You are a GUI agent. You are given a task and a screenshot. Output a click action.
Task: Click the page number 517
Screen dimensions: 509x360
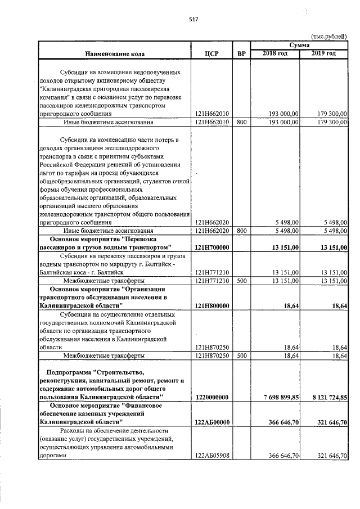pos(193,19)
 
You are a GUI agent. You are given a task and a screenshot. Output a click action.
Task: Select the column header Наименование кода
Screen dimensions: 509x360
pos(115,54)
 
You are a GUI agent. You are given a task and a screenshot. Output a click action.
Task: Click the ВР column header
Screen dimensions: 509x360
pos(241,54)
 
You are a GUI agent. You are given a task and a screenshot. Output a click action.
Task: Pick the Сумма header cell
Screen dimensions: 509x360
pos(299,44)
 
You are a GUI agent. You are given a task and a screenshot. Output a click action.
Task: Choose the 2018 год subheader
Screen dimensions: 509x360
pos(275,53)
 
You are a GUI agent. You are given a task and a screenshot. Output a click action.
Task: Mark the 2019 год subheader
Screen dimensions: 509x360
pos(324,53)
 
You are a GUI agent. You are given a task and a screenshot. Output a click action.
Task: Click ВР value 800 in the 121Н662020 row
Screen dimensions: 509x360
pos(241,231)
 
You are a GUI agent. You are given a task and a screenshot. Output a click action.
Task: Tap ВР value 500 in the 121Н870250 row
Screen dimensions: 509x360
pos(241,356)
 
